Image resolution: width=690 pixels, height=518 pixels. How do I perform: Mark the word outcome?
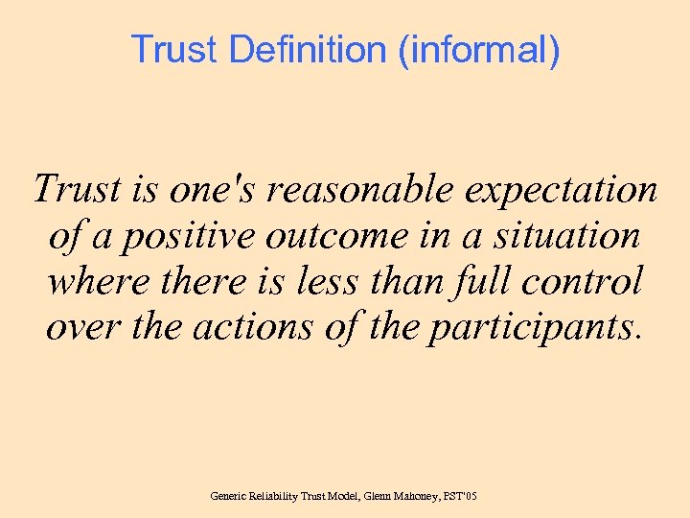[x=326, y=236]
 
